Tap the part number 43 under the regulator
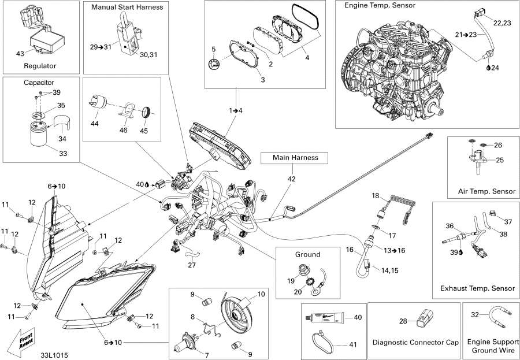[x=20, y=54]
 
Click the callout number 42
[x=292, y=179]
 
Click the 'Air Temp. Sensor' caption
[x=487, y=192]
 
